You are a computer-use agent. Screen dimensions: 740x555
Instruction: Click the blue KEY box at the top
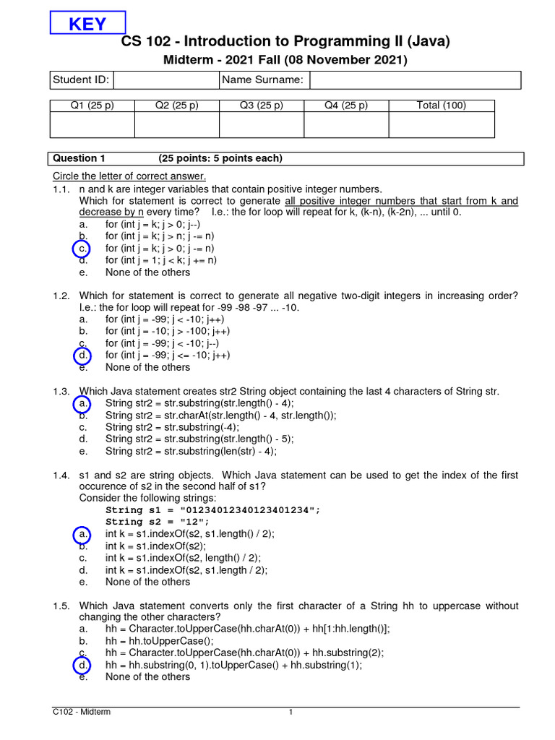[87, 23]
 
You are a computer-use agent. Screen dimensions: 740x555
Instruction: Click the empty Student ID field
[165, 79]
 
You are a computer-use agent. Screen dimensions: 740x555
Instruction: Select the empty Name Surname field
[415, 79]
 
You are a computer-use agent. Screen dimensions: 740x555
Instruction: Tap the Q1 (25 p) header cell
[92, 106]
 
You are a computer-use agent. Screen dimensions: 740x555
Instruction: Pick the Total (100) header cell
[442, 106]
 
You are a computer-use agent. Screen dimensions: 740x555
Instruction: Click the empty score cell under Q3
[262, 125]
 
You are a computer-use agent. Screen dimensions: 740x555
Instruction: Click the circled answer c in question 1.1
[84, 249]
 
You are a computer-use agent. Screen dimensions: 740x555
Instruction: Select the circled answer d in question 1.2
[84, 356]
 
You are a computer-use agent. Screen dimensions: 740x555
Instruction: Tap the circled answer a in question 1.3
[84, 403]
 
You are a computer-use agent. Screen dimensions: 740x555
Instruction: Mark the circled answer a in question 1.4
[84, 534]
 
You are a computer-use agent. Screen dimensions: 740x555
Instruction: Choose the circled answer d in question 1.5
[84, 665]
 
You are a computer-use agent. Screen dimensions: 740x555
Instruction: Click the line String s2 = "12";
[158, 522]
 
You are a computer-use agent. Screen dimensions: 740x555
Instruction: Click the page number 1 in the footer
[291, 713]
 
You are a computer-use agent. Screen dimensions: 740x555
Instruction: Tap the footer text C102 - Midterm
[82, 713]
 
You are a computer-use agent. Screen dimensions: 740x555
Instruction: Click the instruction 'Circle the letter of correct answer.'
[129, 176]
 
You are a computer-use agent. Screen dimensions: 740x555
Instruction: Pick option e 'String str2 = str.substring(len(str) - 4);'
[191, 451]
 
